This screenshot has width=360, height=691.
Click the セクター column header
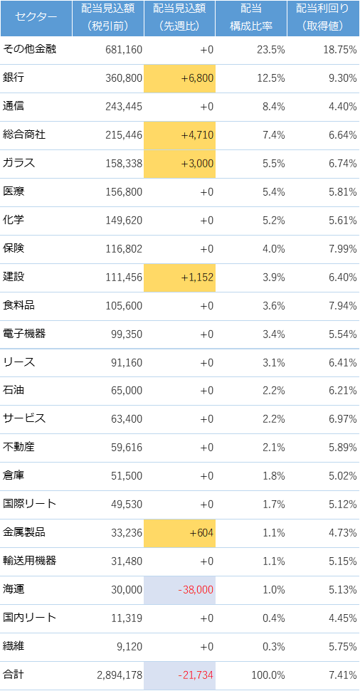coord(36,18)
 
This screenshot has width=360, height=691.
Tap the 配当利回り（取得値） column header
coord(323,18)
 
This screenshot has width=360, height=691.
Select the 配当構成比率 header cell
coord(251,18)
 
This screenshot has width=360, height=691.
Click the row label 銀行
coord(14,78)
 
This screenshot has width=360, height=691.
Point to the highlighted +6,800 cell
coord(180,78)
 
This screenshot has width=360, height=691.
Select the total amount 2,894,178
coord(120,675)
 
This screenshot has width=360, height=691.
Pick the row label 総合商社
coord(24,134)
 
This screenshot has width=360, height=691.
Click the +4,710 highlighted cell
coord(180,135)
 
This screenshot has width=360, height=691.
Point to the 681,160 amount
coord(124,50)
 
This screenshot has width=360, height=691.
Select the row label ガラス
coord(19,163)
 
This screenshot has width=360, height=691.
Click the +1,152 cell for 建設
coord(180,278)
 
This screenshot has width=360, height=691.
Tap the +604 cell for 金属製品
coord(180,533)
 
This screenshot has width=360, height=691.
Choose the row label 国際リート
coord(29,504)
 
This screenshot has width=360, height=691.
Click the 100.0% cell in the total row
coord(268,675)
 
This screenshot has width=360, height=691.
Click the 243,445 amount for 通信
coord(124,107)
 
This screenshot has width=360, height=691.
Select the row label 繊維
coord(14,646)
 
